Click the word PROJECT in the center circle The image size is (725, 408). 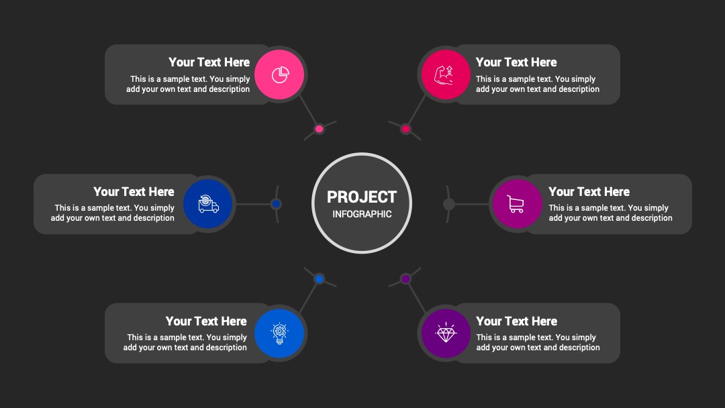pos(362,197)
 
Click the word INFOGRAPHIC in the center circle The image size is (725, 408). pos(362,214)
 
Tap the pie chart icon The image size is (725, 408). pos(280,74)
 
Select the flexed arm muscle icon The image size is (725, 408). pos(444,75)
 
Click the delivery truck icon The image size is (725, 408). pos(208,204)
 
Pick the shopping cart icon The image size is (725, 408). pos(516,204)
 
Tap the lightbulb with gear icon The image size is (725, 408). pos(279,334)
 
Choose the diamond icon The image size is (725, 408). pos(446,333)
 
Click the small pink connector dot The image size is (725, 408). pos(319,129)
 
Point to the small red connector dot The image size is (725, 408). pos(405,129)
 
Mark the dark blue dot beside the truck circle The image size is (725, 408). pos(276,204)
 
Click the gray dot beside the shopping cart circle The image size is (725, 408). pos(448,204)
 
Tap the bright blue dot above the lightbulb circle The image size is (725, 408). pos(319,278)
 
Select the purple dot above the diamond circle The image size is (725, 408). pos(405,278)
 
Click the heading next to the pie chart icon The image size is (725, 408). pos(209,62)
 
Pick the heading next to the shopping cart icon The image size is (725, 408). pos(589,191)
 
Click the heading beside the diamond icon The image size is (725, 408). pos(516,321)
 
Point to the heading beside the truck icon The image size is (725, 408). pos(134,191)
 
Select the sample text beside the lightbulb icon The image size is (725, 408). pos(185,342)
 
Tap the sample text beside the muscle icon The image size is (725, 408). pos(538,84)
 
